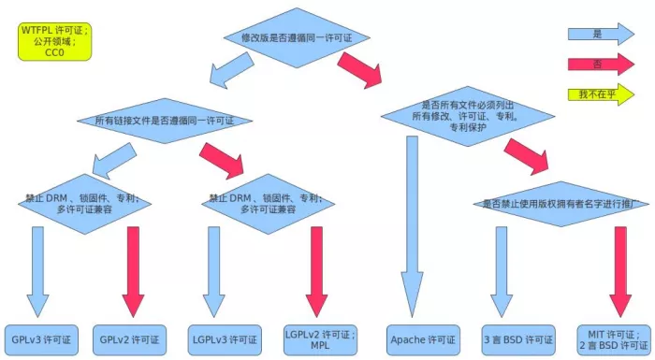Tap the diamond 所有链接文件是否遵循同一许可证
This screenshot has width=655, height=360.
[x=165, y=121]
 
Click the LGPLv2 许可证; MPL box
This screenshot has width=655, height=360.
[x=320, y=338]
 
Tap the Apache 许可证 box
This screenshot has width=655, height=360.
[x=423, y=338]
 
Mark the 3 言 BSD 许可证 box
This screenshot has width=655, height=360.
[x=518, y=338]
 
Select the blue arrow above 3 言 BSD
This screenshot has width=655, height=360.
[x=502, y=271]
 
